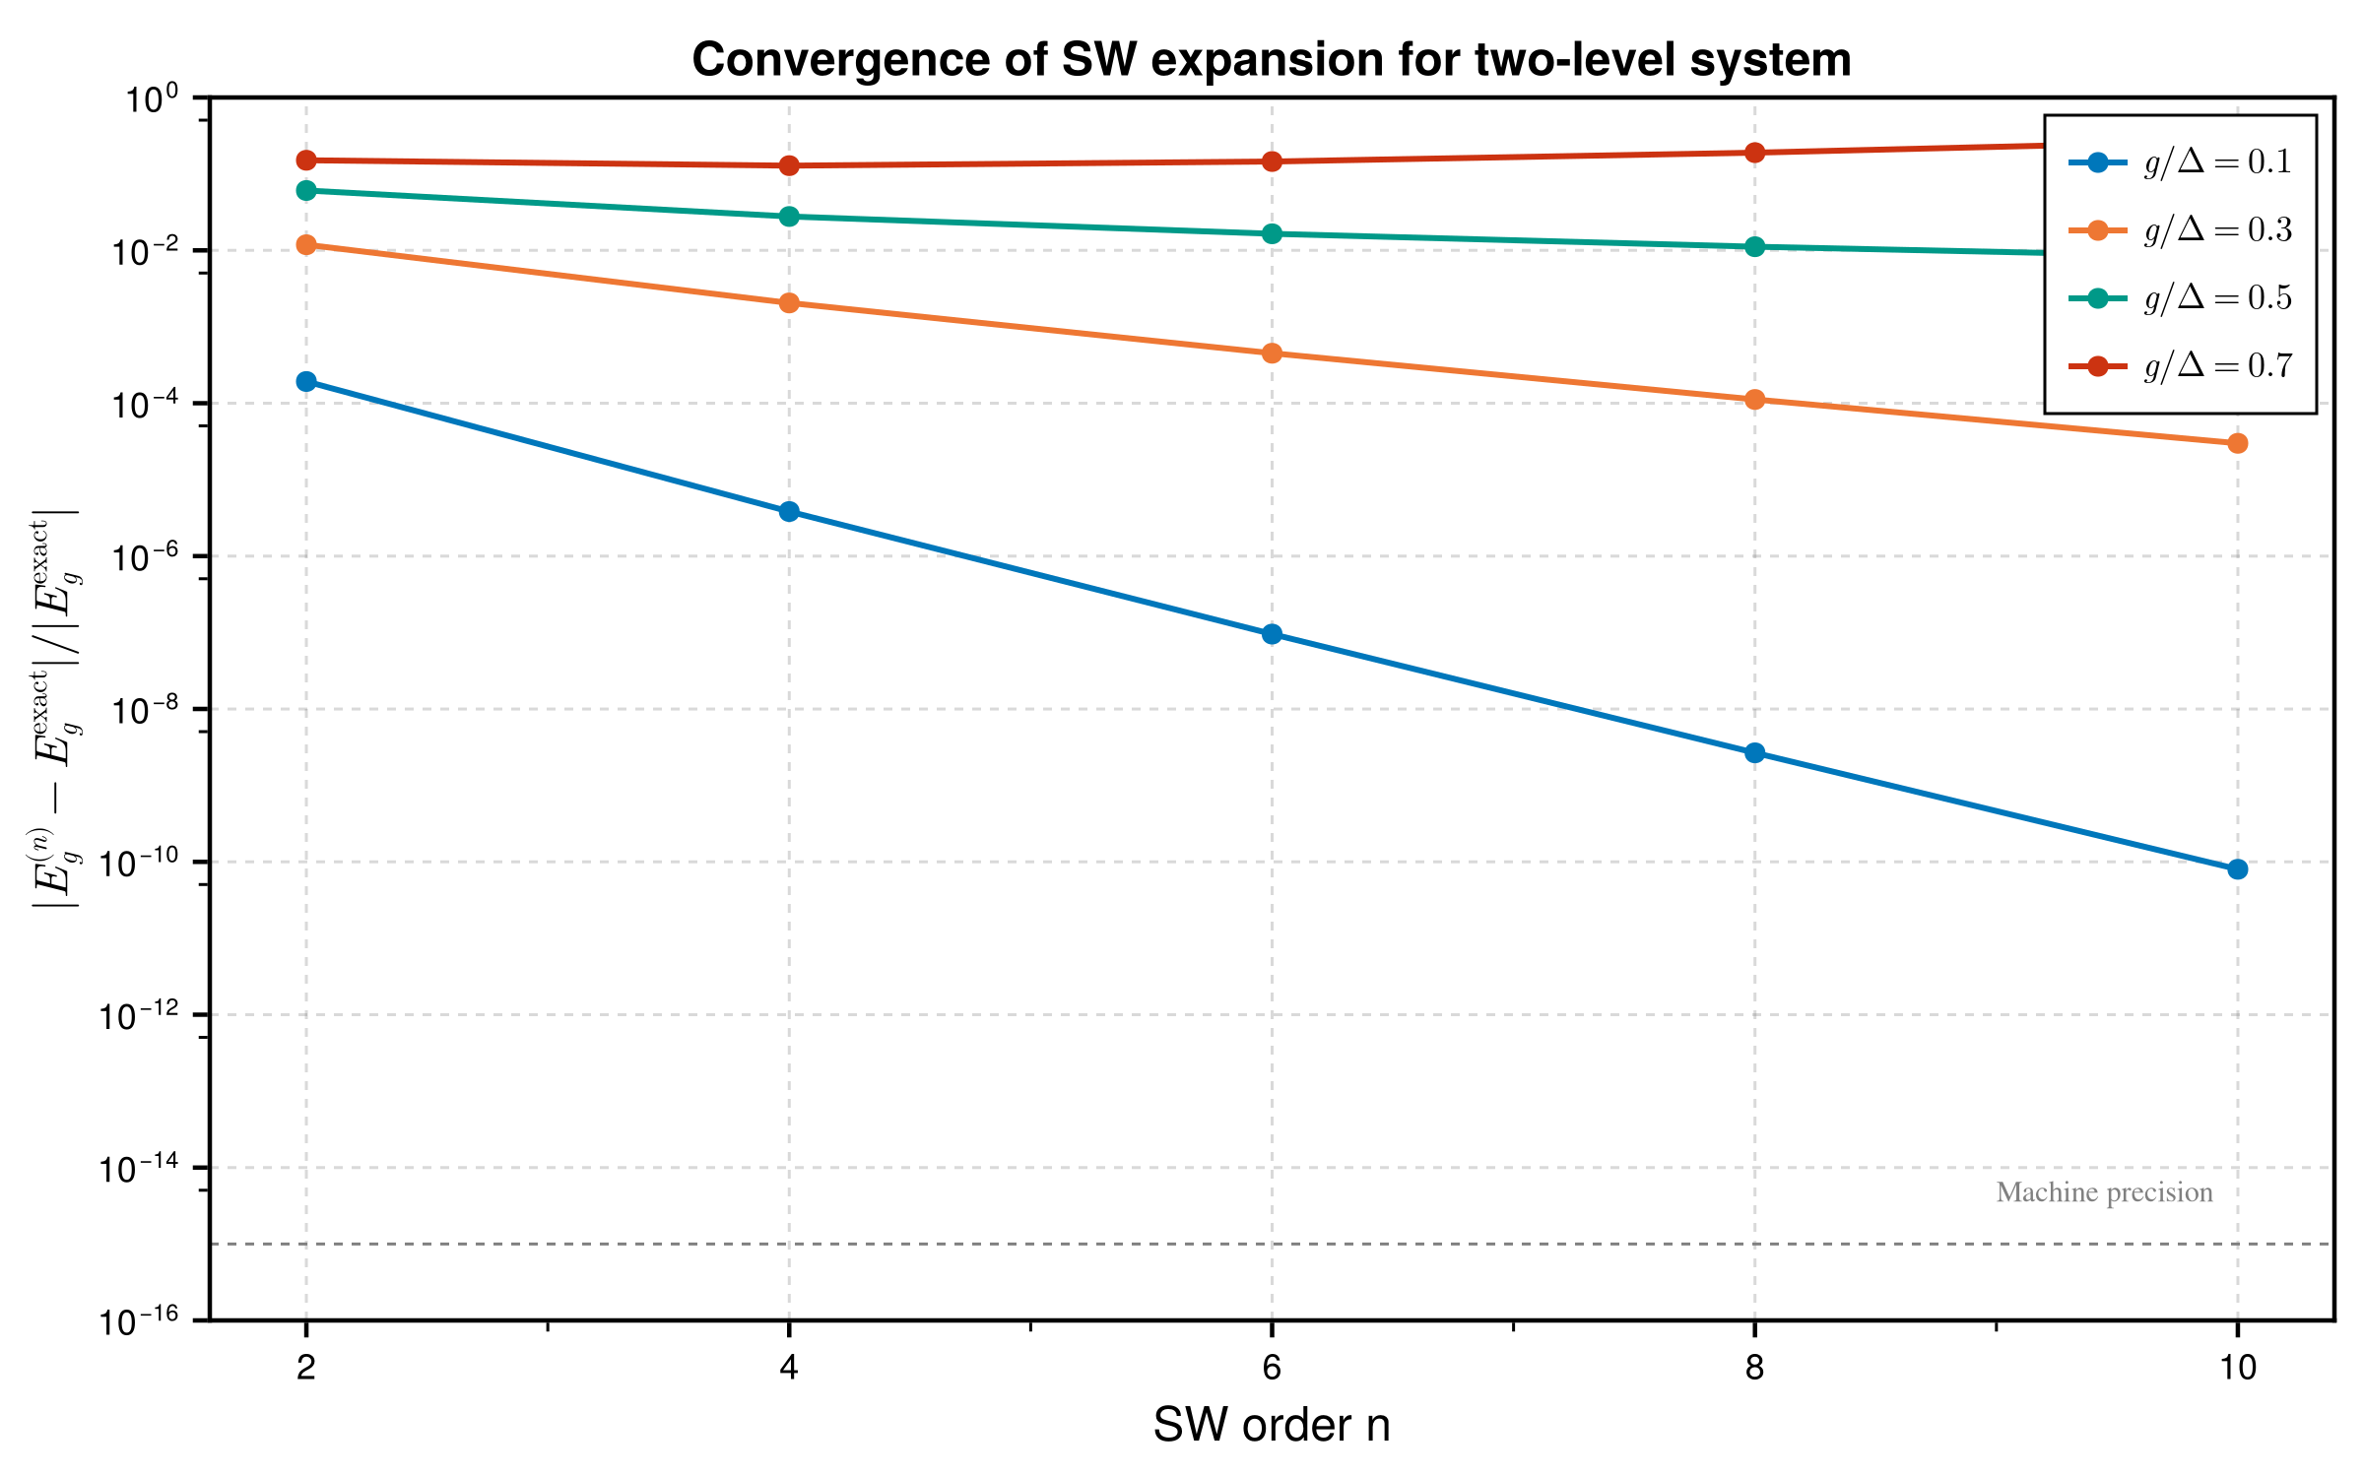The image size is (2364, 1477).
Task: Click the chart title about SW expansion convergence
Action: (1271, 60)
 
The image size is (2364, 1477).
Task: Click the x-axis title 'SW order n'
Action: (1271, 1425)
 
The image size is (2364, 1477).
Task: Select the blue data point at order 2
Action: (306, 381)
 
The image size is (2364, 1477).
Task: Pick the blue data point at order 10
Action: (2237, 868)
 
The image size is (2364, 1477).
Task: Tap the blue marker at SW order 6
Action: (1272, 633)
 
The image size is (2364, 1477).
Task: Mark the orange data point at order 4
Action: (789, 302)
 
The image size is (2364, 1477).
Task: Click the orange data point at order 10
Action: (2237, 443)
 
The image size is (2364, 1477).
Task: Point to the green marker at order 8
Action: (1754, 246)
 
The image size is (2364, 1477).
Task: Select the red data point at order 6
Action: (1272, 161)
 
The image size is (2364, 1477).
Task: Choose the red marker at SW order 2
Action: (306, 160)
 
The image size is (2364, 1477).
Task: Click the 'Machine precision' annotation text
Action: (2104, 1192)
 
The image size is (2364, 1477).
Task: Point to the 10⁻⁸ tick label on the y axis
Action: (138, 710)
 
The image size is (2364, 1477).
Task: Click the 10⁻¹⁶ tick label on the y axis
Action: (138, 1321)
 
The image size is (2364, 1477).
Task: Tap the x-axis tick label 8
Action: (1754, 1368)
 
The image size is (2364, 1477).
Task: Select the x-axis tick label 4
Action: (789, 1368)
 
